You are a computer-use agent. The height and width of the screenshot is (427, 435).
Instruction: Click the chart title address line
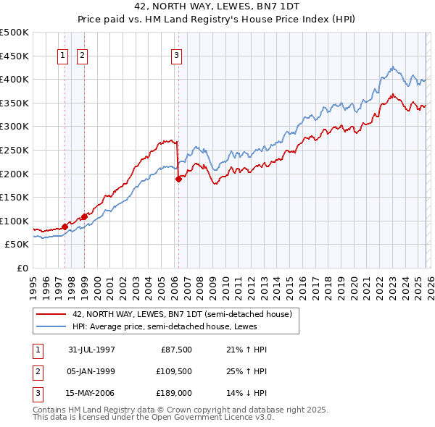point(217,5)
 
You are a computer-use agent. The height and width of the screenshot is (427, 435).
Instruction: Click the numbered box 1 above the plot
point(62,55)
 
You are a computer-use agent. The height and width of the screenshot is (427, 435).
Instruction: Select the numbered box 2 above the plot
point(81,55)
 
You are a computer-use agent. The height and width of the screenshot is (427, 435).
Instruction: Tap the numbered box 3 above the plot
point(176,55)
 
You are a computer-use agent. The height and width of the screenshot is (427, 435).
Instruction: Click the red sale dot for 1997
point(65,227)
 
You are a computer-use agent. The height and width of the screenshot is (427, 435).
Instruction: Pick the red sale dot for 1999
point(84,216)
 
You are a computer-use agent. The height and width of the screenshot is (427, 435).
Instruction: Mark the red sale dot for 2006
point(178,179)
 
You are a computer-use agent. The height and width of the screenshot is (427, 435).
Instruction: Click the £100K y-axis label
point(14,221)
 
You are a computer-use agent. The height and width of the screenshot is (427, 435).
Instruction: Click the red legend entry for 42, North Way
point(181,314)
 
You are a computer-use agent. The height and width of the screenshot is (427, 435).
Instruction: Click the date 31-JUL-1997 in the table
point(91,350)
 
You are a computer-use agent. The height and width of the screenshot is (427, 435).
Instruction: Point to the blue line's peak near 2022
point(392,67)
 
